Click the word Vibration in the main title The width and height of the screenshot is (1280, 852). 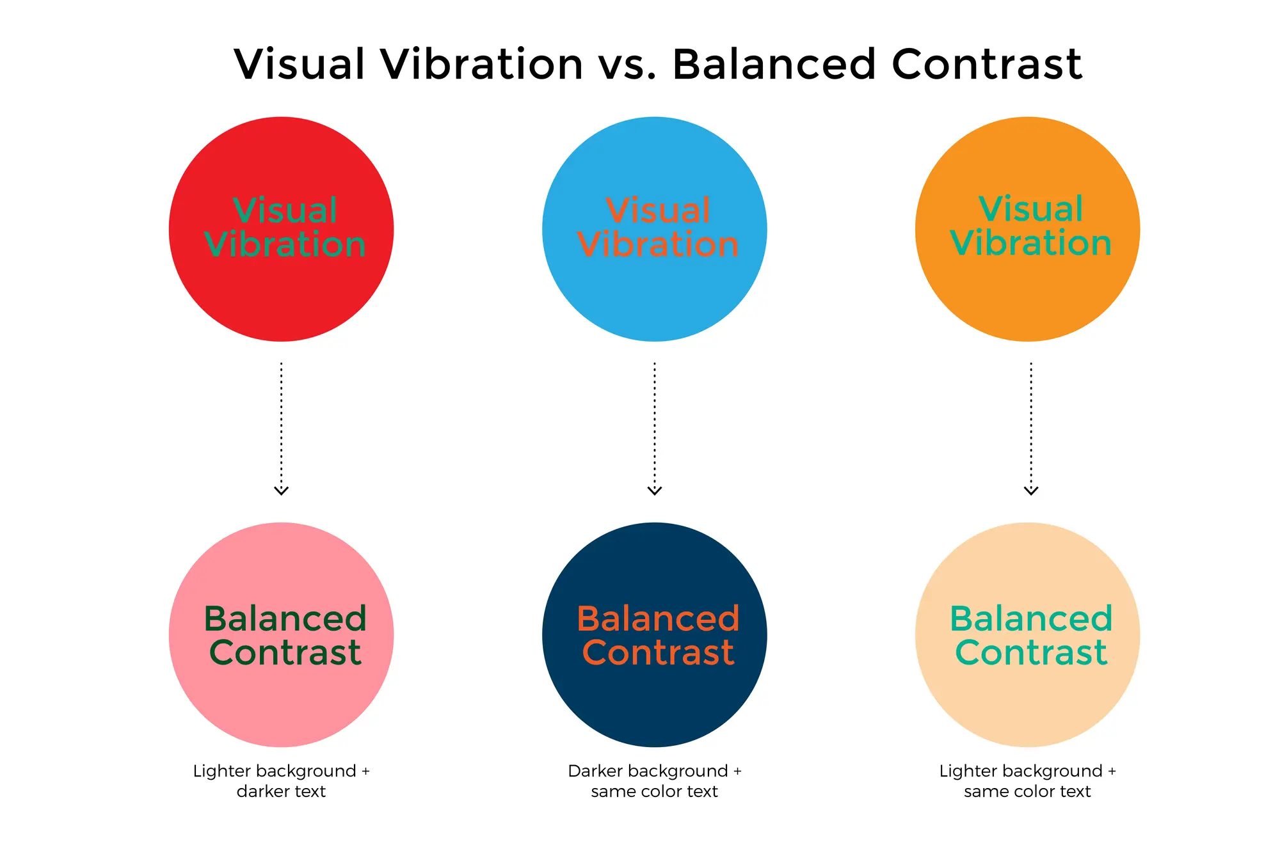(481, 64)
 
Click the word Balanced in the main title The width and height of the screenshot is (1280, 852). (774, 64)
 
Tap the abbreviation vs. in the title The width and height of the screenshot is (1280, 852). (630, 65)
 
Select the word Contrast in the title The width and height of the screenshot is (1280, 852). (986, 64)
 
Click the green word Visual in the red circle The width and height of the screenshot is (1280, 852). (285, 210)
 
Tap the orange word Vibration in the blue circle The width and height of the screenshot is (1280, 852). (658, 244)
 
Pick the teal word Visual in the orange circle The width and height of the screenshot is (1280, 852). (1031, 209)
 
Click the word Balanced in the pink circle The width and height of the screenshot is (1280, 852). (285, 619)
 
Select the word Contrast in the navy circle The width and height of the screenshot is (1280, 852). (658, 652)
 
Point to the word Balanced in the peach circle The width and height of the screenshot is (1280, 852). (1031, 619)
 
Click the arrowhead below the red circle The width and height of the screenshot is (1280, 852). (282, 491)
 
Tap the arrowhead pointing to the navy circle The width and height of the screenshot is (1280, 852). (655, 491)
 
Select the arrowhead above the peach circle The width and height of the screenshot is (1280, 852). (1031, 491)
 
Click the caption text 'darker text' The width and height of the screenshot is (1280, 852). (281, 792)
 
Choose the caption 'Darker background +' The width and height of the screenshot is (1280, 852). (654, 771)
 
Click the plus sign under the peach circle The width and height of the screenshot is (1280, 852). (1112, 771)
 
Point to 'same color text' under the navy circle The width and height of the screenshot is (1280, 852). (654, 792)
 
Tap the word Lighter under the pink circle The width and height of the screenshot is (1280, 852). (220, 771)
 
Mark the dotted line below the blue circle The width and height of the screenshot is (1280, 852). (655, 422)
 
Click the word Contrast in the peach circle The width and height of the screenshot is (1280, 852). (1031, 652)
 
